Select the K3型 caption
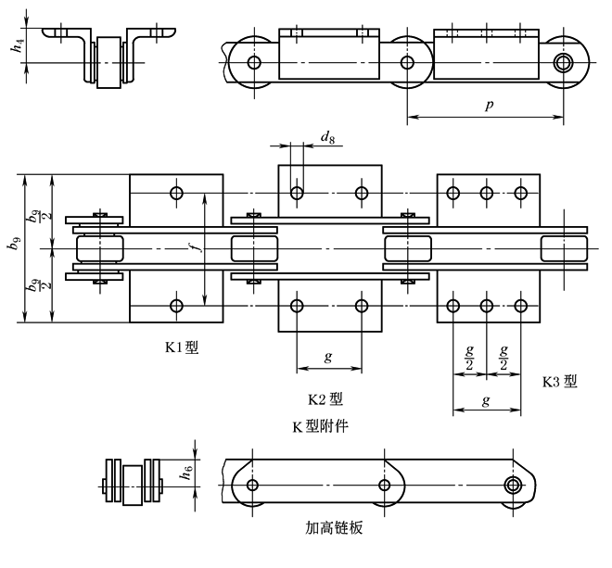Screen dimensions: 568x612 click(558, 381)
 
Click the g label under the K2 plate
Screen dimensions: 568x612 click(329, 357)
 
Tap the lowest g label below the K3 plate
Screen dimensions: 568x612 click(485, 400)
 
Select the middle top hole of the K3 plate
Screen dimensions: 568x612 click(486, 193)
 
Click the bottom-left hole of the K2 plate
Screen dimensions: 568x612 click(297, 305)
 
